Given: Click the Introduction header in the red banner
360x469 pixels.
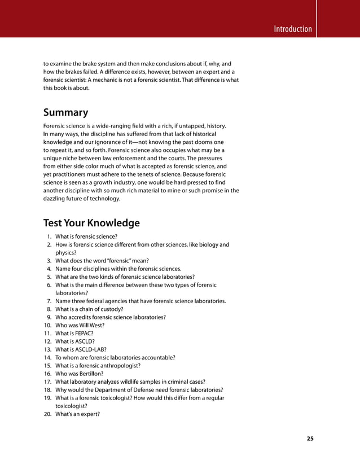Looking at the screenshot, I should [x=292, y=29].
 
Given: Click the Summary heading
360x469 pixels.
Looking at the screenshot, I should [x=65, y=112].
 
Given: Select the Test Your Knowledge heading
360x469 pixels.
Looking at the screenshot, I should [x=91, y=223].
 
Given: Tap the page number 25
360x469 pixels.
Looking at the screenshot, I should [x=310, y=439].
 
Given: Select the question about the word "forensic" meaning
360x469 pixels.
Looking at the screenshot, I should [x=102, y=261].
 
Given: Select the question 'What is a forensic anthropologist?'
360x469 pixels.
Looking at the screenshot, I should [x=98, y=366].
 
